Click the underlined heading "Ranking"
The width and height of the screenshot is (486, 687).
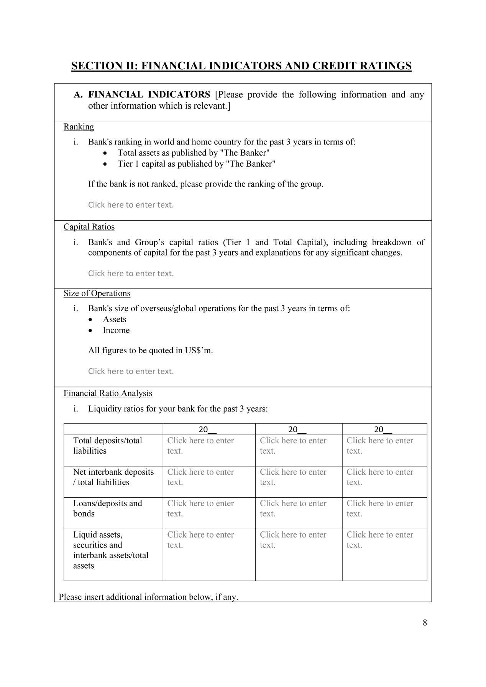[x=79, y=127]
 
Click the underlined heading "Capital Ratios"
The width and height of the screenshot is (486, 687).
[x=89, y=227]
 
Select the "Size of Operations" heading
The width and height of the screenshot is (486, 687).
[x=97, y=293]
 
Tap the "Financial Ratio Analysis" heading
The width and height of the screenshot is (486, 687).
[x=108, y=394]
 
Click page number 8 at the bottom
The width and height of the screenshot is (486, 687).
[x=425, y=623]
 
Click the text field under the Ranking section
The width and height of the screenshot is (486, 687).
[x=131, y=205]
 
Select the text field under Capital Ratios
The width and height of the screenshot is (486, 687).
[x=131, y=274]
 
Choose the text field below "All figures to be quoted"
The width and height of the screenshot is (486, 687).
[x=131, y=371]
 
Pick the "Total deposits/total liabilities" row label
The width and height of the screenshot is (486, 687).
[x=107, y=446]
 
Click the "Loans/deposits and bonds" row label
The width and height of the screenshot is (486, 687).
[x=107, y=508]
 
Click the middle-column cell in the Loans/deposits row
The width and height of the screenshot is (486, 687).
[x=293, y=508]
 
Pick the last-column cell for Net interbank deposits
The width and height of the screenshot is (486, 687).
[x=380, y=477]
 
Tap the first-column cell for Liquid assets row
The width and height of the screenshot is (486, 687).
[x=200, y=540]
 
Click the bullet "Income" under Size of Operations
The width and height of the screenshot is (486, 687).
[x=116, y=330]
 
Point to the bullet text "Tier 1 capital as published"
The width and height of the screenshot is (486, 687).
[x=197, y=164]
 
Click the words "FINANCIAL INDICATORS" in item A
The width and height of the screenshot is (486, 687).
[x=149, y=95]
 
